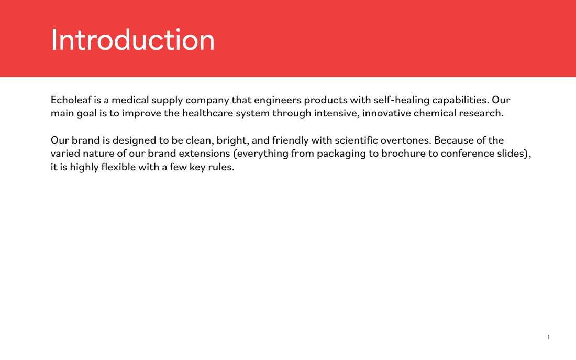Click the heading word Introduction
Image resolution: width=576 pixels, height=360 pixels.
click(132, 40)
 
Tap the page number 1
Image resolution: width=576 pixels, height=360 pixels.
click(548, 337)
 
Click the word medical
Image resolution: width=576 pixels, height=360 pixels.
click(130, 100)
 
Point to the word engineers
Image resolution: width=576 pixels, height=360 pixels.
click(278, 101)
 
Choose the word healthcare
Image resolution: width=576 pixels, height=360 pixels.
click(207, 113)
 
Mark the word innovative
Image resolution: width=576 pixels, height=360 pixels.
click(386, 113)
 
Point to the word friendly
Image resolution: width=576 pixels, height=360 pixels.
click(290, 141)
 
